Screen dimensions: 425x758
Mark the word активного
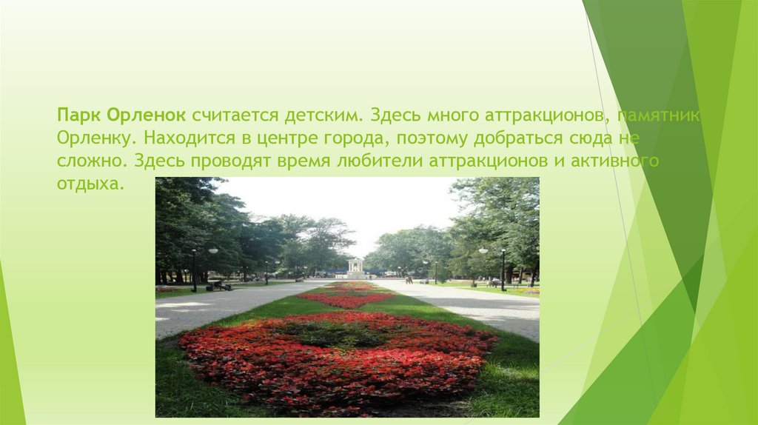(618, 161)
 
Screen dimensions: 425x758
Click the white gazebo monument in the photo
(356, 267)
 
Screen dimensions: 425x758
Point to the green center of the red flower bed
(337, 335)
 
